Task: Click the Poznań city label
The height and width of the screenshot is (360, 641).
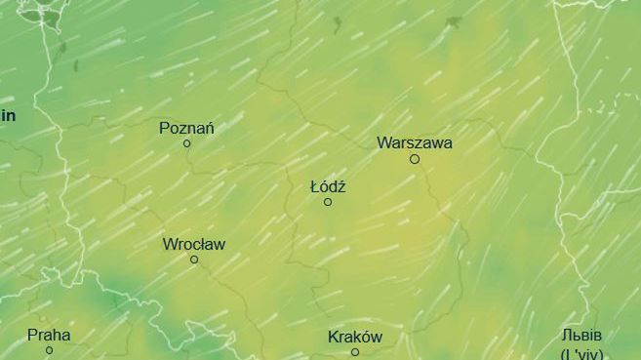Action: click(186, 128)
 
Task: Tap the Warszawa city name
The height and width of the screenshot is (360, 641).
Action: click(414, 142)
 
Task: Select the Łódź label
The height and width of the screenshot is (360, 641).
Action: click(328, 186)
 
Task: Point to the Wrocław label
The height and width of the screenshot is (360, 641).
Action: click(193, 244)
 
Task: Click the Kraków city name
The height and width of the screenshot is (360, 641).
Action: click(354, 338)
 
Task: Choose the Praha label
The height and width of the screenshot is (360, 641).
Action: click(49, 335)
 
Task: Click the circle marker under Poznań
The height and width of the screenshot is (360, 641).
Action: click(187, 143)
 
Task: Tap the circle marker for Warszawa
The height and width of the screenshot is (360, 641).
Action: click(414, 158)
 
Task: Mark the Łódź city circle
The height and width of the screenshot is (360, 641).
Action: click(328, 202)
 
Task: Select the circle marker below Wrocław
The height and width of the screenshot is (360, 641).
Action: click(194, 260)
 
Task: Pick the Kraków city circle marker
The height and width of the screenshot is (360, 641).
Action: click(355, 351)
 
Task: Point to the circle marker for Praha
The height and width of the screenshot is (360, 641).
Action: click(49, 350)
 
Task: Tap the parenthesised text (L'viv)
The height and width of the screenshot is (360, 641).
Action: click(589, 352)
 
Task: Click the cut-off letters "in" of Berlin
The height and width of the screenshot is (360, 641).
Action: click(8, 115)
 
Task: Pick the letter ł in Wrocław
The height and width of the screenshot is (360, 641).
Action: click(206, 244)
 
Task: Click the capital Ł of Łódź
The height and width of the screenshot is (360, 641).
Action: click(315, 186)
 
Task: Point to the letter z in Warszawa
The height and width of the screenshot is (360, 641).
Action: click(417, 142)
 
